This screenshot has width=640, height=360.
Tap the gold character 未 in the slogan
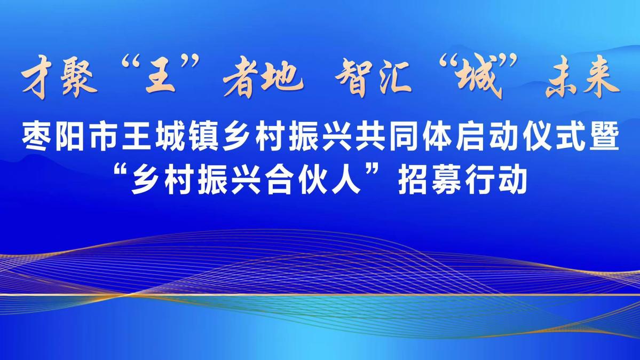click(563, 80)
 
